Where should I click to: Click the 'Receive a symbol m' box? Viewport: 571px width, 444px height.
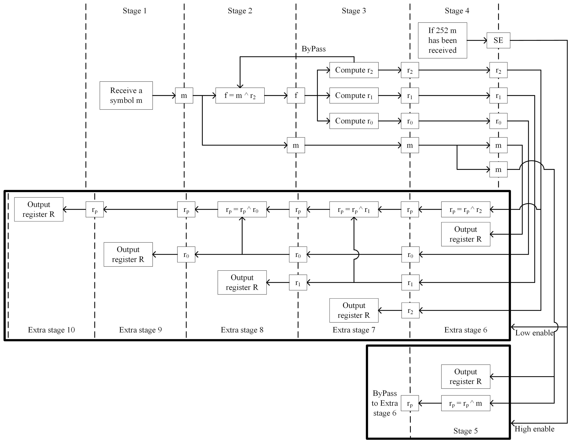(x=126, y=95)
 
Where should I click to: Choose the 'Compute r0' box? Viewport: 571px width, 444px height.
(x=354, y=121)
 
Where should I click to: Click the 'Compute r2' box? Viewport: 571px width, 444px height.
(x=354, y=70)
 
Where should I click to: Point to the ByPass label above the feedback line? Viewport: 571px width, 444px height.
(x=314, y=49)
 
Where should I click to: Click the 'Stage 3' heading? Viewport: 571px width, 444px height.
(x=354, y=11)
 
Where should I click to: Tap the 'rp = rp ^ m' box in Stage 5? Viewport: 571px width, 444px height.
(x=465, y=403)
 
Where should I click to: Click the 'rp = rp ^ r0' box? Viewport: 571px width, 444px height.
(x=242, y=209)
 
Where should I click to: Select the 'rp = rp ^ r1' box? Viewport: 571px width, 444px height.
(x=354, y=209)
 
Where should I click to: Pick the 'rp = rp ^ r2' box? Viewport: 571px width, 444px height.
(x=465, y=209)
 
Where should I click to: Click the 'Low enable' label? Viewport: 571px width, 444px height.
(x=534, y=333)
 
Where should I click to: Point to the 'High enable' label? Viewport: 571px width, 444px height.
(x=534, y=429)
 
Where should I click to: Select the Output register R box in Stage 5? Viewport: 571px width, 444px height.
(x=465, y=377)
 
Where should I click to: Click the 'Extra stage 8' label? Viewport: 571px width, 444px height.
(x=242, y=330)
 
